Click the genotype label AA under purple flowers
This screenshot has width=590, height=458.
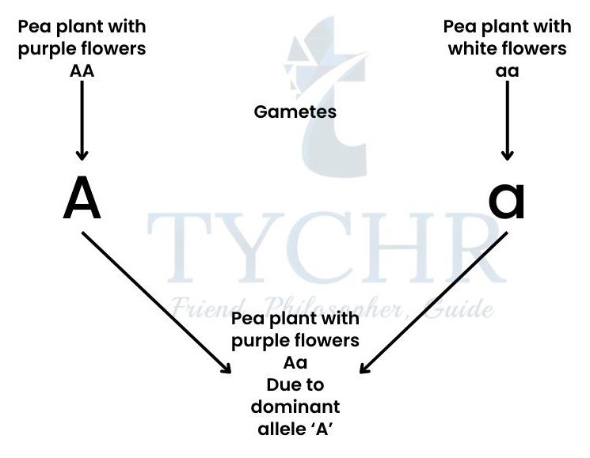pyautogui.click(x=82, y=71)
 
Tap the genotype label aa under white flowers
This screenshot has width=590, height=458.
pyautogui.click(x=508, y=71)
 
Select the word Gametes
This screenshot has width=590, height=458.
pyautogui.click(x=295, y=112)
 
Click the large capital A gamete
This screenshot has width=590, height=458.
pyautogui.click(x=82, y=198)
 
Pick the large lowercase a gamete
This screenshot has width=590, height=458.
pyautogui.click(x=507, y=199)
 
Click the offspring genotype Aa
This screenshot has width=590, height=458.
pyautogui.click(x=295, y=364)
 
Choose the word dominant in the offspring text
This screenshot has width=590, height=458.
pyautogui.click(x=295, y=407)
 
